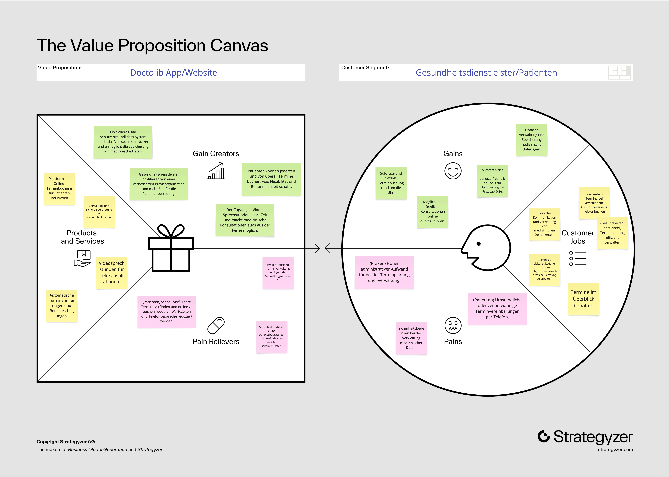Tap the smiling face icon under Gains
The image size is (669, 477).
coord(453,171)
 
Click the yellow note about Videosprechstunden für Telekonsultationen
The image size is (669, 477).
coord(112,273)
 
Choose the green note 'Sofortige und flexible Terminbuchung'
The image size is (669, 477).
coord(391,183)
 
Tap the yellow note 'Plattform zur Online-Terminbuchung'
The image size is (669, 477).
coord(59,189)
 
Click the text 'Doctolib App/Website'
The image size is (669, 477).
coord(174,73)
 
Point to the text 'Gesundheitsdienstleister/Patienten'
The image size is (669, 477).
coord(486,73)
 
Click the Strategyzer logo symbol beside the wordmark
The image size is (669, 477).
coord(544,436)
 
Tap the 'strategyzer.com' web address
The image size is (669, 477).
coord(615,449)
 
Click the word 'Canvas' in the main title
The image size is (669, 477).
coord(239,46)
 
